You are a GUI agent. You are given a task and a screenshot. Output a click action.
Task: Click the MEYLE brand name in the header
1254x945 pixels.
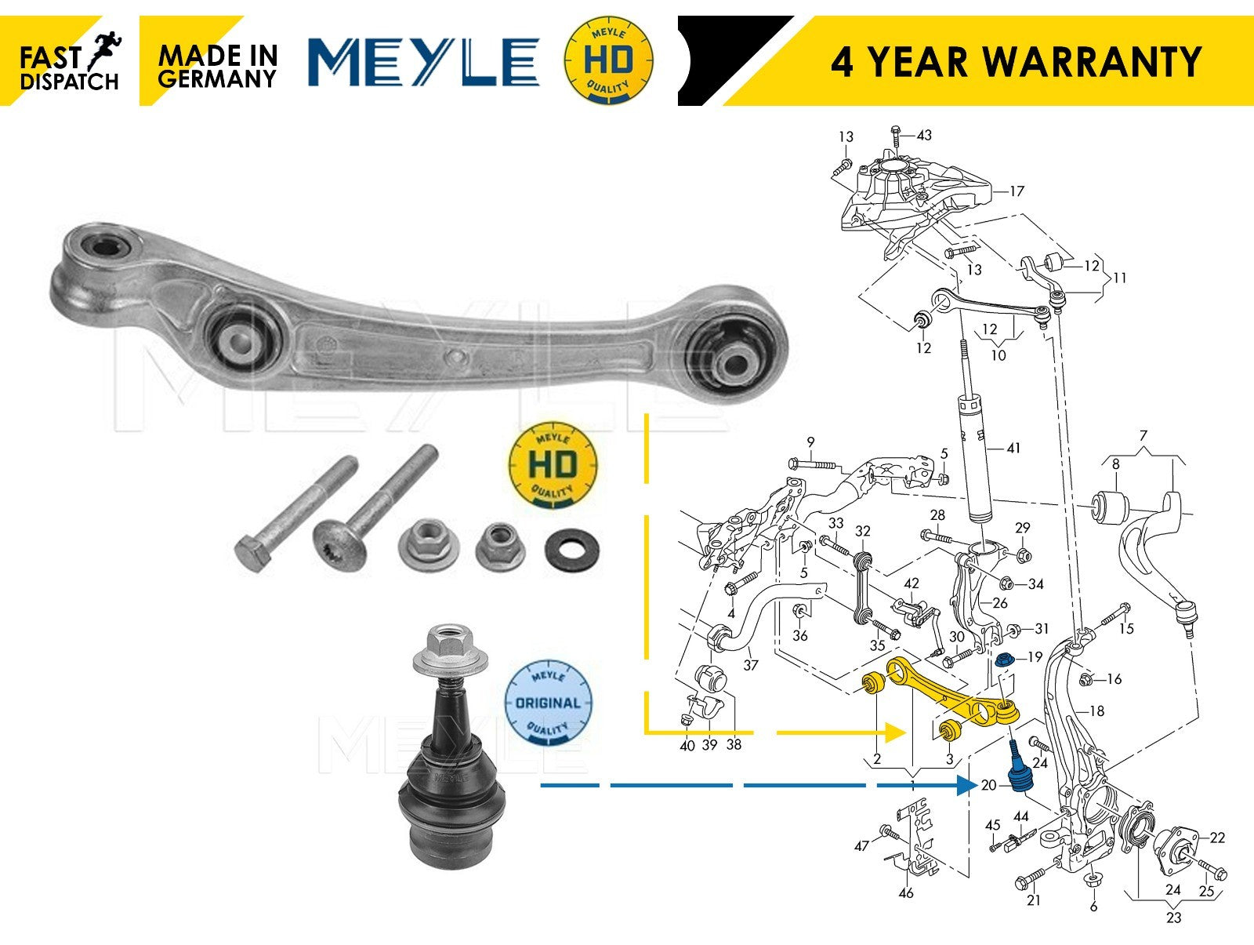tap(423, 61)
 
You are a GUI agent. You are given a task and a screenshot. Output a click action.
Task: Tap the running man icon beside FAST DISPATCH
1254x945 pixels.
tap(104, 49)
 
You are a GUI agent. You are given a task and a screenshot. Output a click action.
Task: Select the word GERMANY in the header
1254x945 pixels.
tap(216, 78)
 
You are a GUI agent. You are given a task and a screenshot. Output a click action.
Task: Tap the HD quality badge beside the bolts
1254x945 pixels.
tap(553, 465)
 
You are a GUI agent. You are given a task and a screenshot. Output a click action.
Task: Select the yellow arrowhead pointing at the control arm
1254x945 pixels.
tap(895, 732)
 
